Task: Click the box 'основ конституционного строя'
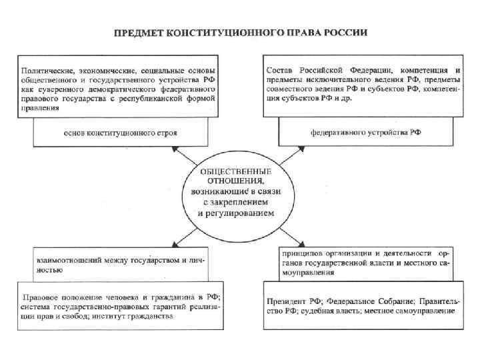pyautogui.click(x=120, y=133)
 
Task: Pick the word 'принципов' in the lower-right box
pyautogui.click(x=303, y=254)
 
